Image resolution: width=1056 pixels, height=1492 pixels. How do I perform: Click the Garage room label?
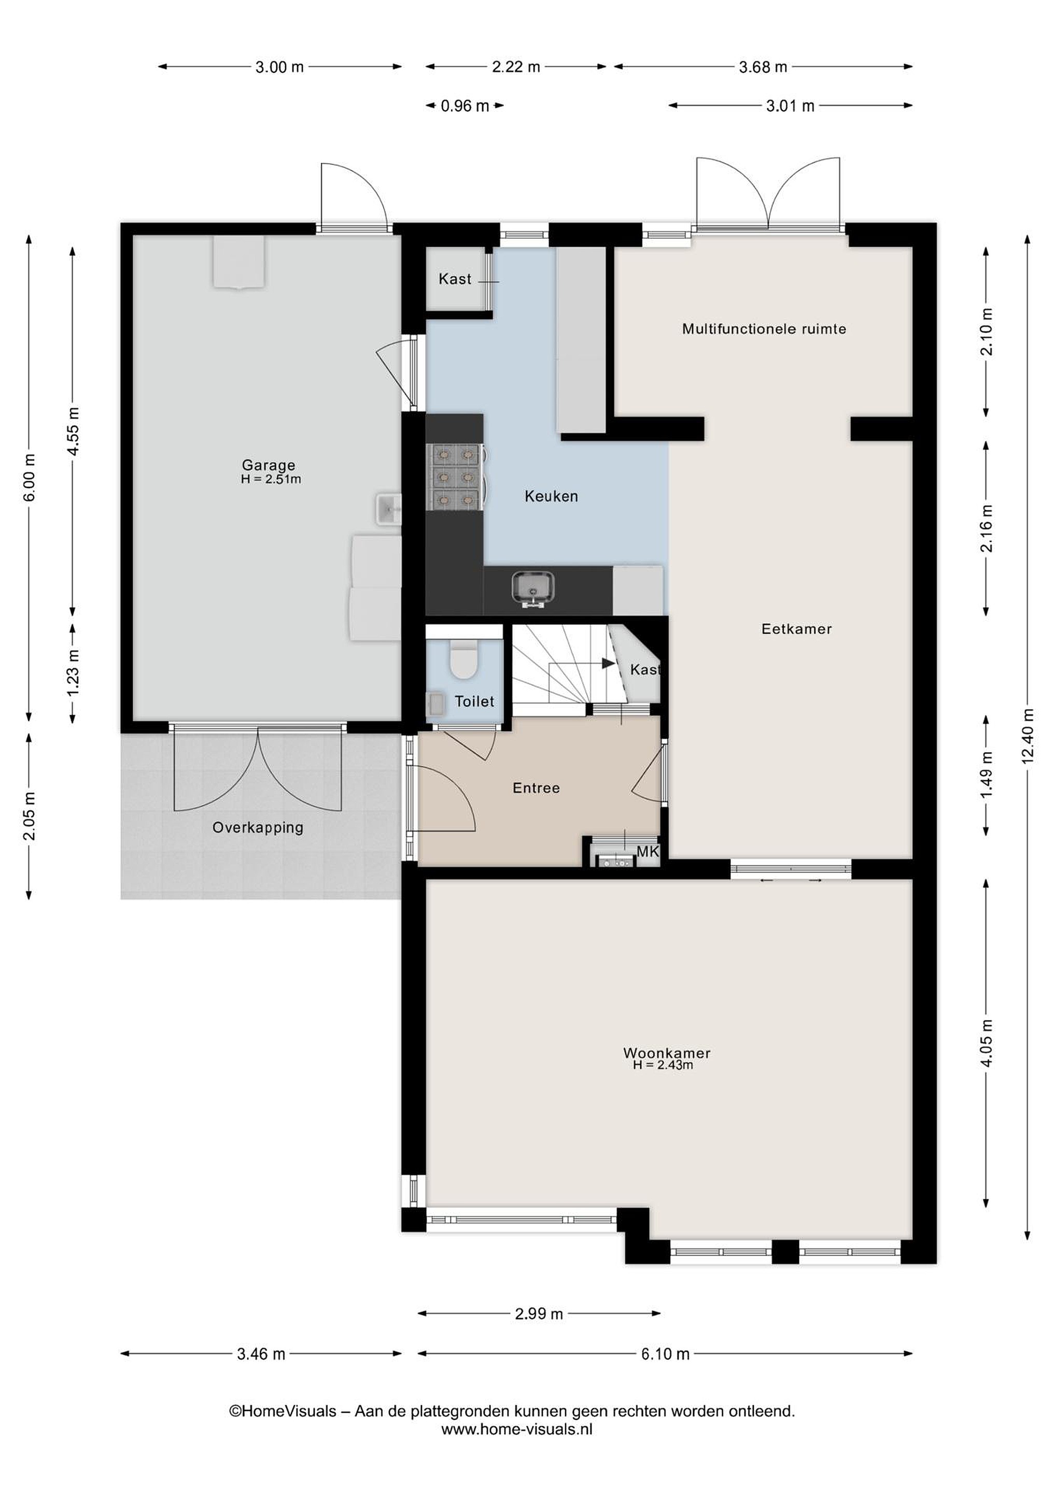[268, 465]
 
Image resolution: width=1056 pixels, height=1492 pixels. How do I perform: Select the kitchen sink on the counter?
[532, 588]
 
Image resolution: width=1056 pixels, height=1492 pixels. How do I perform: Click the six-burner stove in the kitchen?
[455, 476]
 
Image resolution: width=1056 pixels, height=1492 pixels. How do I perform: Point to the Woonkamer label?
[667, 1053]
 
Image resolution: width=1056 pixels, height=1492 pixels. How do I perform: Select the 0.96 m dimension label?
[464, 106]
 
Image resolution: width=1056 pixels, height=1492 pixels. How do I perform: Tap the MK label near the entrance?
[647, 851]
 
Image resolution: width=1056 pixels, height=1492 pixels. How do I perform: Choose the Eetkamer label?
[797, 628]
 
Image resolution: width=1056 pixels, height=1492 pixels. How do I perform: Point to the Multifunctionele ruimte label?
[764, 329]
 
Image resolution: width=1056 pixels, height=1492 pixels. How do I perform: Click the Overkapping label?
[258, 828]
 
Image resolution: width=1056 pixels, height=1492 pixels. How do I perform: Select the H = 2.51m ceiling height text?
[271, 480]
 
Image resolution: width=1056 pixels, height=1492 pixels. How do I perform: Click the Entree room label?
[536, 788]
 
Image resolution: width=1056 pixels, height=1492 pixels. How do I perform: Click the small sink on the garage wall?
[388, 509]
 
